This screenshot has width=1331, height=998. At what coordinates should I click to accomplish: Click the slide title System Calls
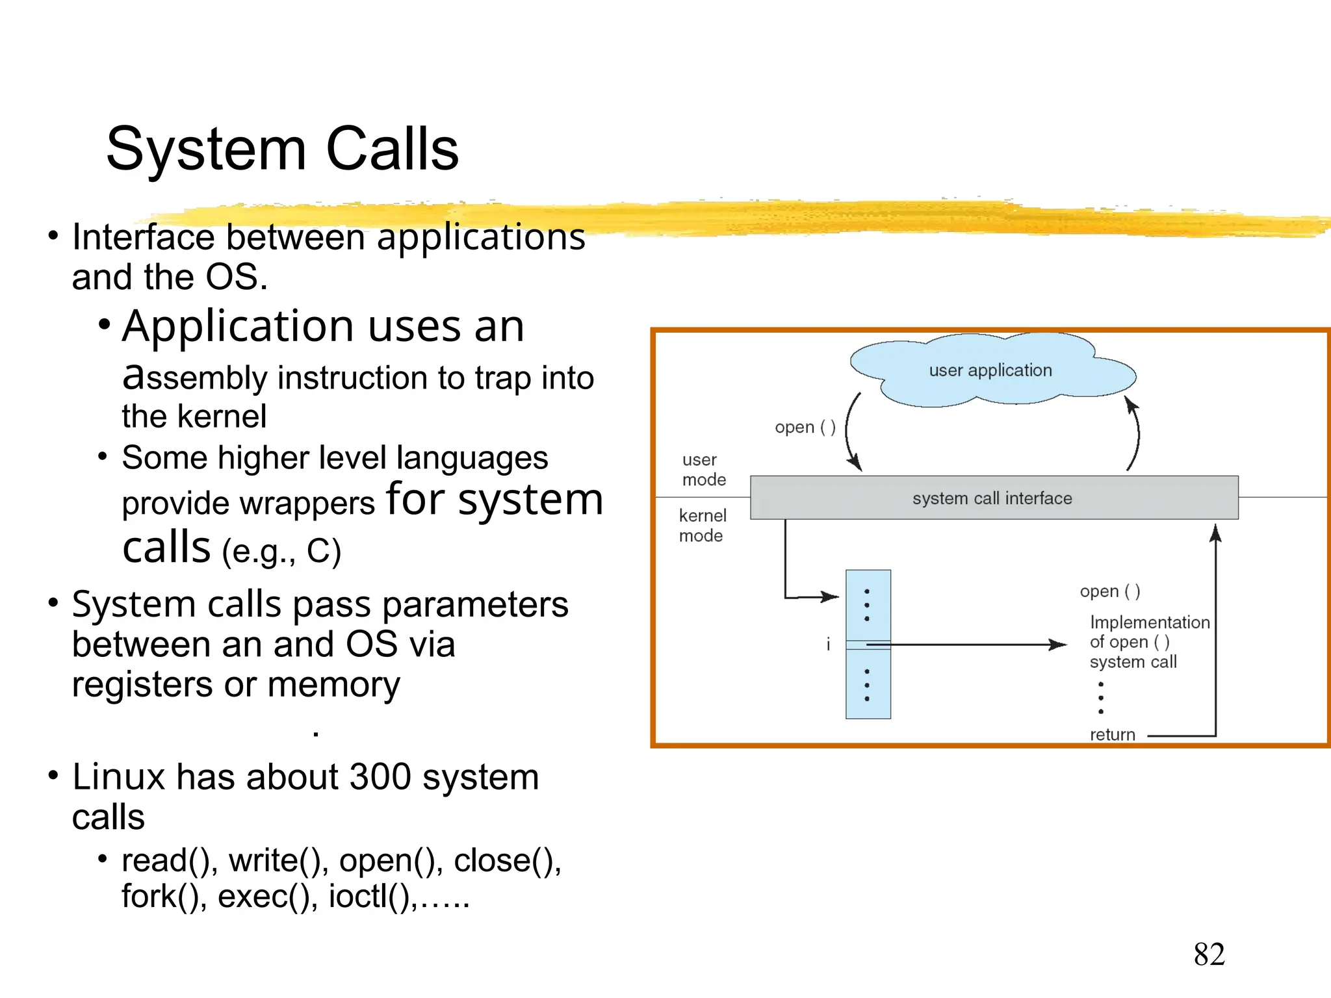click(x=282, y=149)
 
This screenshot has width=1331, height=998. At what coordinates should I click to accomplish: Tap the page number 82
click(x=1209, y=954)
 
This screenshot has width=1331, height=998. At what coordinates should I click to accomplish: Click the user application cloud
click(x=990, y=370)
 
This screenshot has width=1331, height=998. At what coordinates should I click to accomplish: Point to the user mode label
click(x=703, y=469)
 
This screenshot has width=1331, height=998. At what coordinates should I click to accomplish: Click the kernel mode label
click(x=702, y=525)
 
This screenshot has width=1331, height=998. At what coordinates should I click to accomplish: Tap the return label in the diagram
click(x=1112, y=734)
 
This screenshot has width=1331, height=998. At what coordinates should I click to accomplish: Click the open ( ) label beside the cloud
click(x=805, y=428)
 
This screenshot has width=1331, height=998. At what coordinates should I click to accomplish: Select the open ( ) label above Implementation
click(x=1109, y=591)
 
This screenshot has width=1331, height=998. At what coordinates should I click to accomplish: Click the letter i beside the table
click(x=828, y=644)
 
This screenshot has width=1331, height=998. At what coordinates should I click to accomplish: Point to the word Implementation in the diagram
click(x=1149, y=622)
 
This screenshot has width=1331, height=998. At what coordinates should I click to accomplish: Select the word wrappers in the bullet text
click(x=307, y=504)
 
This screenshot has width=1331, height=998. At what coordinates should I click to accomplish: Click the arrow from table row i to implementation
click(x=968, y=645)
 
